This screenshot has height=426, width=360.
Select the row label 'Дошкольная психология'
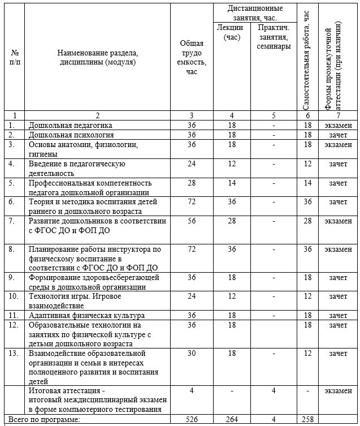click(x=71, y=135)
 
